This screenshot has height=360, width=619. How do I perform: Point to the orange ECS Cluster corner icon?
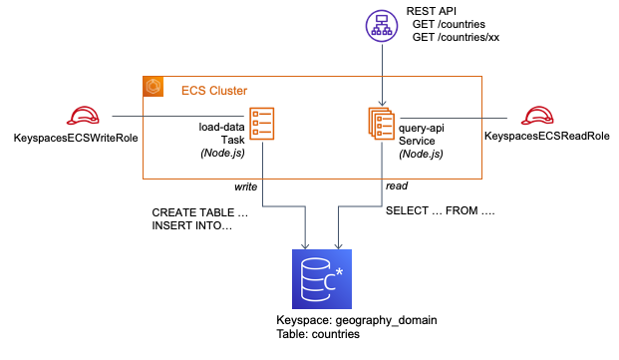(154, 87)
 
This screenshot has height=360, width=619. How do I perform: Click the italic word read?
(396, 185)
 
